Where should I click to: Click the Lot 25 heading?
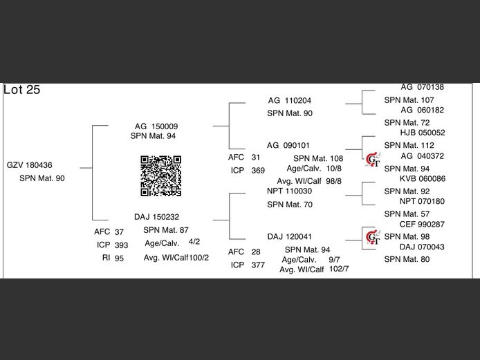pos(22,90)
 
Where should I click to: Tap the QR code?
pos(161,176)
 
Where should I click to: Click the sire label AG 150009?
pos(156,126)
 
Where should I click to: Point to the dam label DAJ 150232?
pos(156,216)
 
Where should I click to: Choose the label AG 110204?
pos(290,100)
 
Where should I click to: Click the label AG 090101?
pos(288,146)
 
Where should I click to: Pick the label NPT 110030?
pos(289,191)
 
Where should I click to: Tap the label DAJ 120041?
pos(289,236)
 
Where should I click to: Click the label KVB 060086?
pos(423,179)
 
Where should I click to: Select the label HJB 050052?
pos(423,133)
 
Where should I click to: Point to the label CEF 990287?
pos(423,225)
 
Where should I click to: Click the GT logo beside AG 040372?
pos(373,158)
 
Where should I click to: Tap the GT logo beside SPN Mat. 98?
pos(373,238)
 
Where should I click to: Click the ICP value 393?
pos(121,245)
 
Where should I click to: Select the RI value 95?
pos(119,258)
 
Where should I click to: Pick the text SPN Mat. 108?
pos(318,158)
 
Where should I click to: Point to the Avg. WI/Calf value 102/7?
pos(340,269)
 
